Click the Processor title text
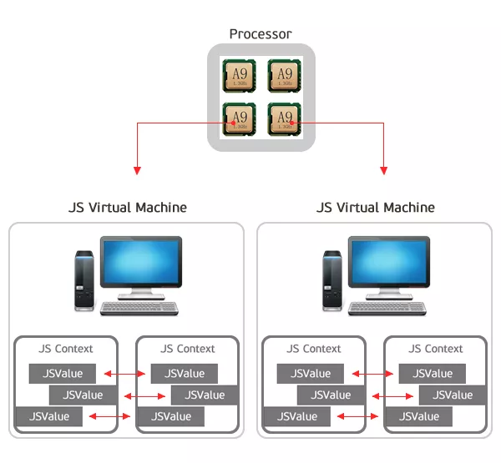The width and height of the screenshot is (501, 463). [261, 34]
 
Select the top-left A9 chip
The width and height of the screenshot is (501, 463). [238, 76]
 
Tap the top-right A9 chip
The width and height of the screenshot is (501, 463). [285, 76]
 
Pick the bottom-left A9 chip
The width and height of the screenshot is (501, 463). [238, 118]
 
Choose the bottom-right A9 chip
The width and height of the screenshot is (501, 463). [285, 118]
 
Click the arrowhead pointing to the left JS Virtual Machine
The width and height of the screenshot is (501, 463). [136, 170]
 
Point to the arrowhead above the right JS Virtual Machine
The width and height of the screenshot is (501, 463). [383, 170]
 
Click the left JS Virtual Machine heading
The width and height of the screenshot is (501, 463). [127, 207]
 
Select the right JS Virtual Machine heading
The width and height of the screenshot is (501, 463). [375, 207]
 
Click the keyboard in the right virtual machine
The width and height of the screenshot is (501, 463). [388, 309]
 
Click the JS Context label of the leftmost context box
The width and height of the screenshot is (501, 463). [66, 349]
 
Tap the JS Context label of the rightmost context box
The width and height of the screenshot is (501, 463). [436, 349]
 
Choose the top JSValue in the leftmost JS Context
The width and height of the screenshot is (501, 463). [63, 373]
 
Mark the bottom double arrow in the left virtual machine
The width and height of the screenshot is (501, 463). [109, 415]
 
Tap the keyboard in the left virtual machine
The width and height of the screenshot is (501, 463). [140, 309]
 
